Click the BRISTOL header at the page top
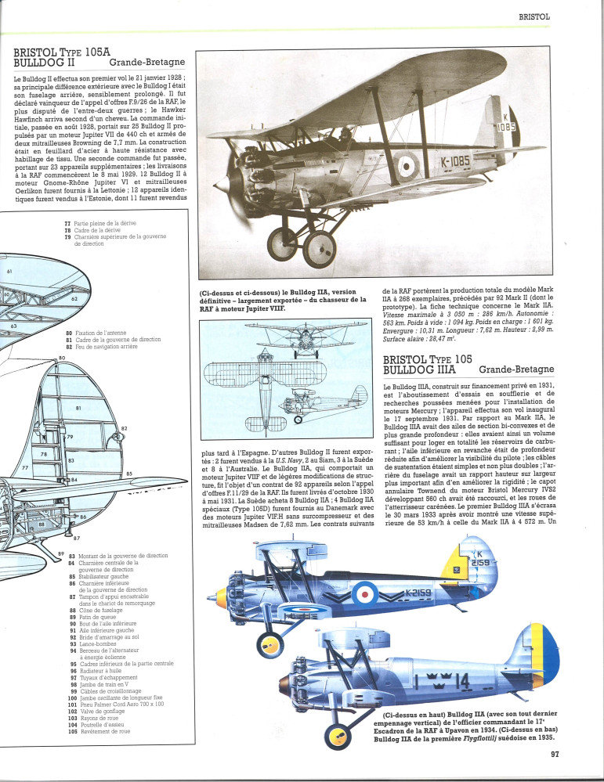pos(535,16)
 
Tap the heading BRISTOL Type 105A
pos(63,52)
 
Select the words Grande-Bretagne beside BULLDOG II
pos(146,63)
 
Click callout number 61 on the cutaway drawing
pos(9,271)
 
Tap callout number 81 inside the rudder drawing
pos(77,407)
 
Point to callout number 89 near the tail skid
pos(60,553)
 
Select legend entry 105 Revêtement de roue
pos(102,731)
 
